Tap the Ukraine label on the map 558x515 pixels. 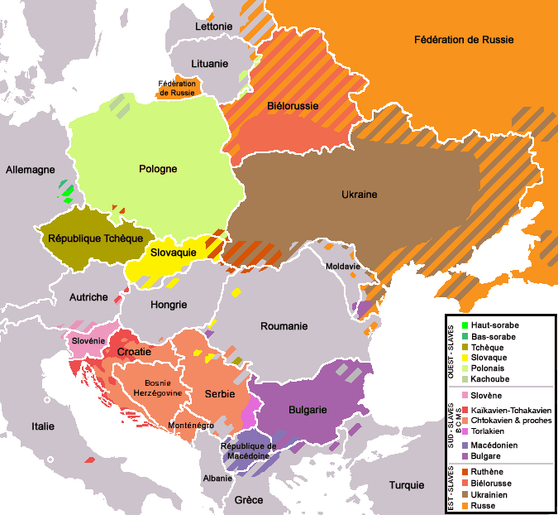click(359, 194)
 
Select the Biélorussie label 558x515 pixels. click(292, 107)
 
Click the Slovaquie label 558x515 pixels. click(173, 252)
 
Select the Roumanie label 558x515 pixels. click(284, 326)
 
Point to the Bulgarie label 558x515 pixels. click(308, 410)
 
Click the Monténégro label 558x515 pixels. click(191, 425)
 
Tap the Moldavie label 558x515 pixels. click(342, 267)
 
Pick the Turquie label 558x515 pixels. click(406, 485)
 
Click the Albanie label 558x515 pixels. click(217, 479)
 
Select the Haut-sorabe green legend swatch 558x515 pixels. click(465, 325)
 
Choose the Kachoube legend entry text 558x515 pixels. click(491, 378)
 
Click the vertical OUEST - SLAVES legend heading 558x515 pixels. click(451, 351)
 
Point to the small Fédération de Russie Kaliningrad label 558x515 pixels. click(177, 88)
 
